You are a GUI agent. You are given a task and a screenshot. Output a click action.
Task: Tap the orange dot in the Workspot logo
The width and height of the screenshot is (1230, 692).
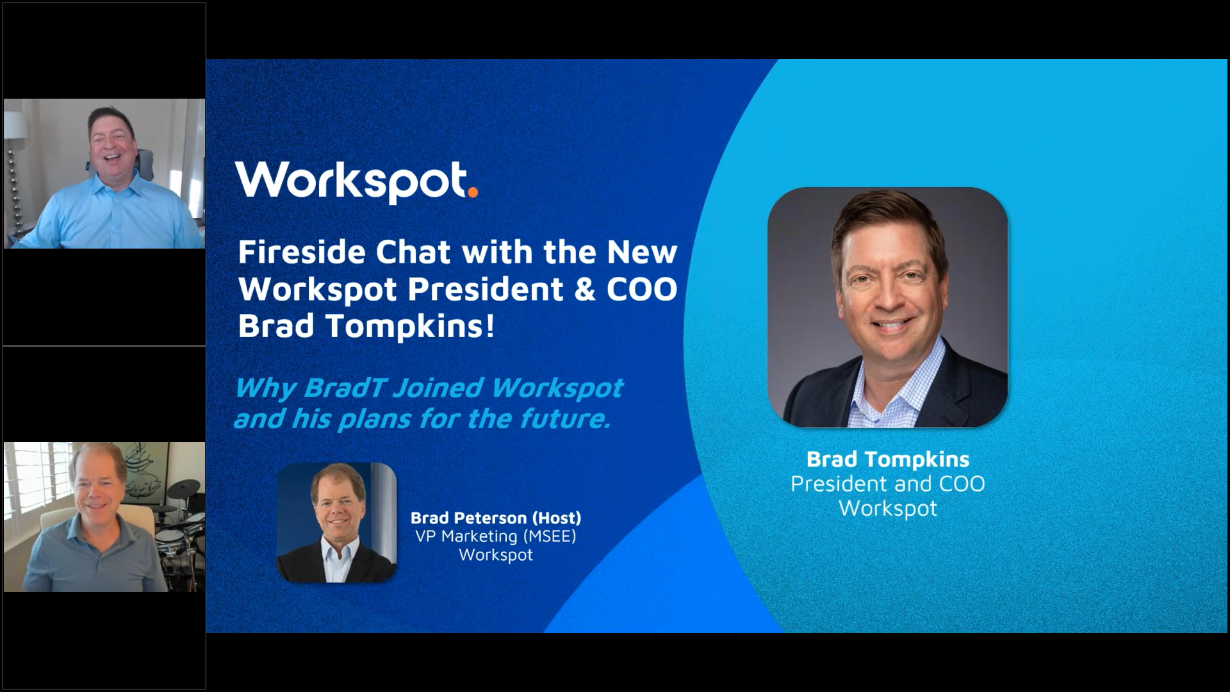click(x=472, y=192)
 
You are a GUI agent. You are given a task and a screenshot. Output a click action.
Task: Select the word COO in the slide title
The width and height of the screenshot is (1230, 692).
click(x=642, y=289)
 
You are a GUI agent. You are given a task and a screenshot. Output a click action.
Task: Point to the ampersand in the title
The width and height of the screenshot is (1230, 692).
click(x=585, y=289)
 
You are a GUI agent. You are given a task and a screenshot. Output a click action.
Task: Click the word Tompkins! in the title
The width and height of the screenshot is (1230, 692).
click(x=410, y=326)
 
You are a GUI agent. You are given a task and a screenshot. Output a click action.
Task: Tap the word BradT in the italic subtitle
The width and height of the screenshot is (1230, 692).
click(x=344, y=388)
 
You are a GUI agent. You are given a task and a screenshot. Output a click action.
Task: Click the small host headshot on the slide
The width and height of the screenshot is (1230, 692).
click(x=336, y=522)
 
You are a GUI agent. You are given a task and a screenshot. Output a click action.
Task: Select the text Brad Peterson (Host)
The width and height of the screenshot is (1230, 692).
click(x=496, y=518)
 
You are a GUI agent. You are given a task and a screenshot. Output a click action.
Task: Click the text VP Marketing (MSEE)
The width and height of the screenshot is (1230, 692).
click(x=496, y=536)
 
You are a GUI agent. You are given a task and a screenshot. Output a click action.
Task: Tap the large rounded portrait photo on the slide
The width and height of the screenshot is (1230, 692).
click(x=887, y=307)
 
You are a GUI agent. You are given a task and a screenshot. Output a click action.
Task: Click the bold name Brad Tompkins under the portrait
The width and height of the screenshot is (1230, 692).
click(x=888, y=459)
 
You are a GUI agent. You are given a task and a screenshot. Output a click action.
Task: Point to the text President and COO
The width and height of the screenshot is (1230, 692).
click(x=888, y=484)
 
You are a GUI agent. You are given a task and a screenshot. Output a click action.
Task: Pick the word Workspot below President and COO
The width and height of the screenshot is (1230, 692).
click(x=888, y=508)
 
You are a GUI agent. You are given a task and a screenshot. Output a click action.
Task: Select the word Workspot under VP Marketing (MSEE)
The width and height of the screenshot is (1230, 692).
click(x=496, y=555)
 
